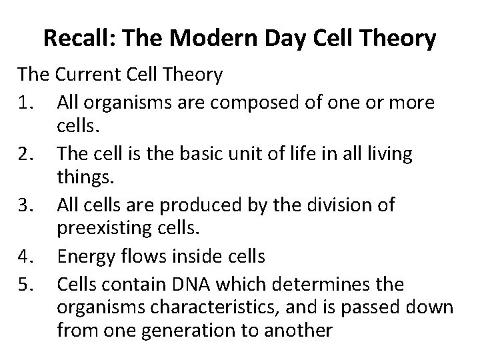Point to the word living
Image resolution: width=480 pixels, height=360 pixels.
tap(387, 154)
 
